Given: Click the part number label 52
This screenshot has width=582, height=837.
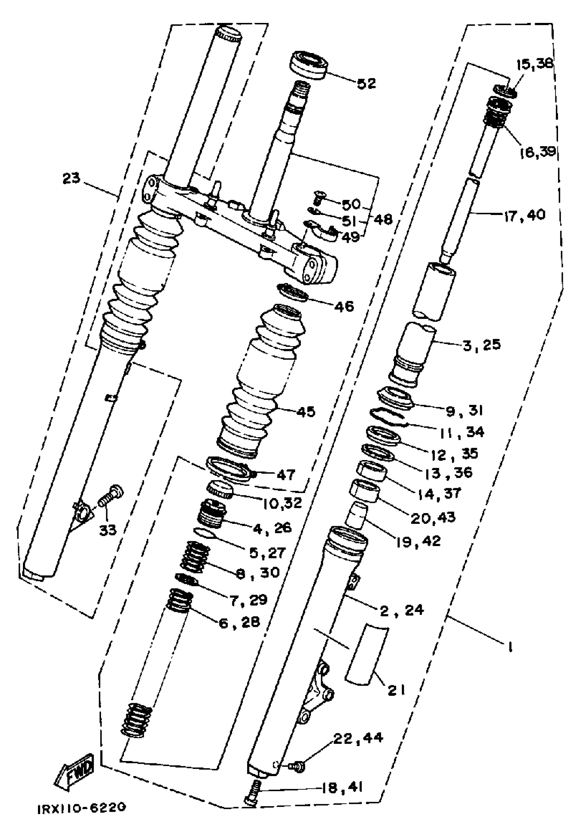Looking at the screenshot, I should pyautogui.click(x=366, y=84).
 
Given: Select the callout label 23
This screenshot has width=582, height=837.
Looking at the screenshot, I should pyautogui.click(x=72, y=179).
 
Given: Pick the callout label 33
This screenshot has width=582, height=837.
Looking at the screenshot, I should pyautogui.click(x=108, y=530).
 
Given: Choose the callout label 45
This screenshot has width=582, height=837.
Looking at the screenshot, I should pyautogui.click(x=306, y=412).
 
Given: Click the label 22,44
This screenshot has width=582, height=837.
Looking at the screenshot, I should pyautogui.click(x=358, y=738).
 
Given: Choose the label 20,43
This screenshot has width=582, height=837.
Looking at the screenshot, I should pyautogui.click(x=433, y=518).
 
